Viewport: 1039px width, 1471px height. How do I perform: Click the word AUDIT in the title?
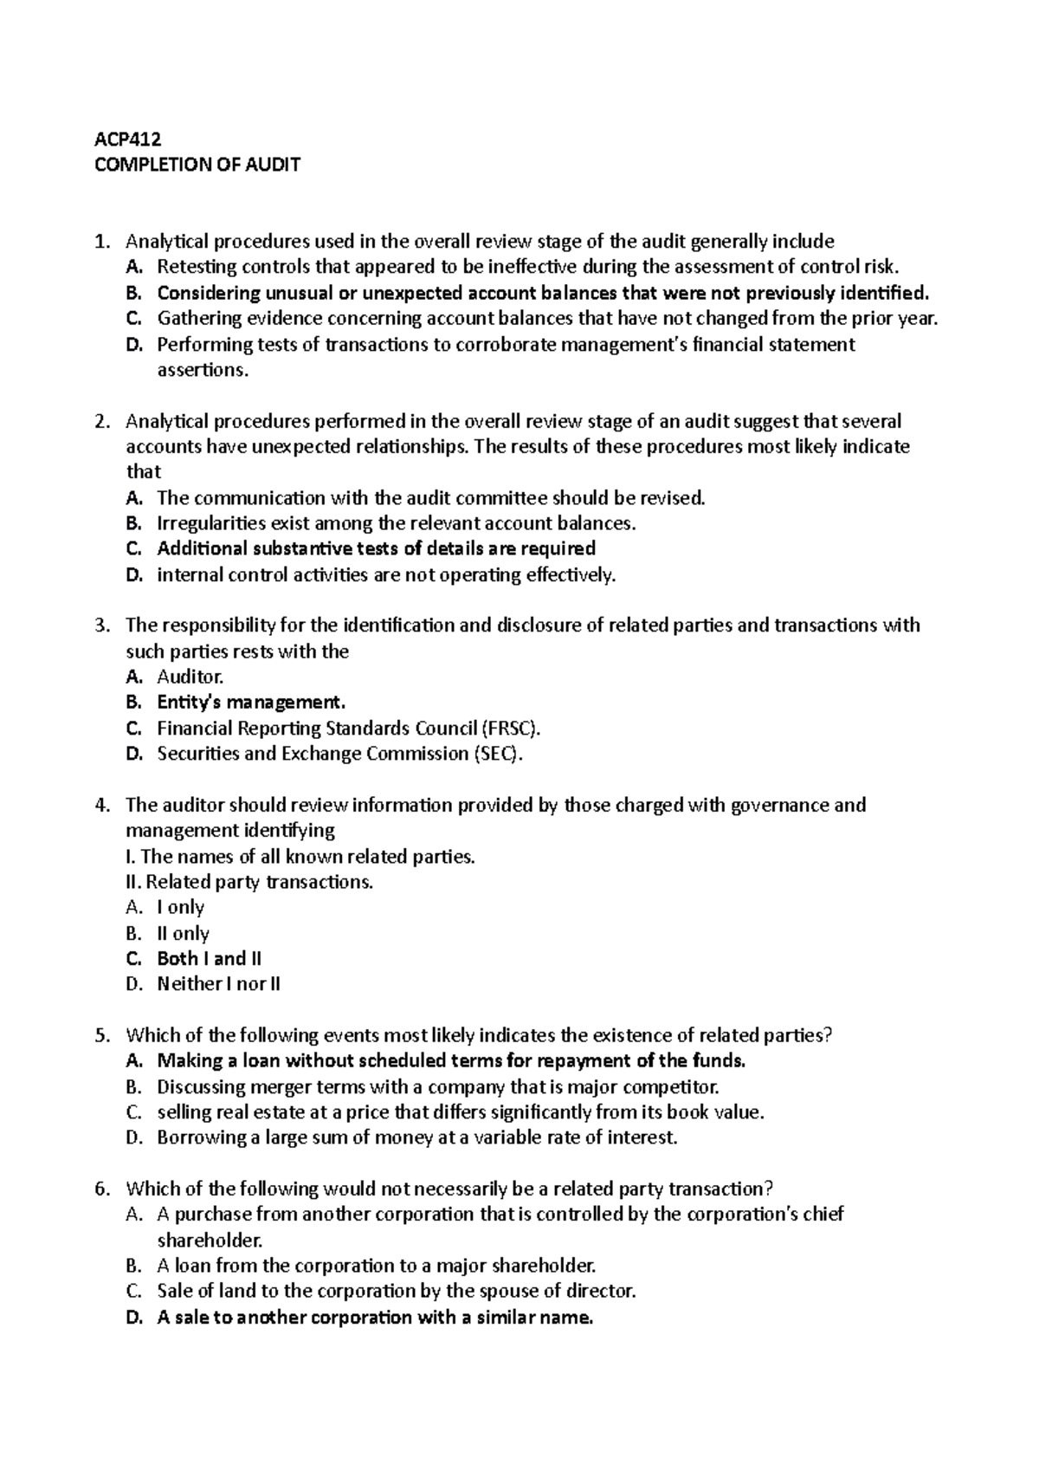pos(272,165)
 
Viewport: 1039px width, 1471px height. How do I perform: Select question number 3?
pos(102,625)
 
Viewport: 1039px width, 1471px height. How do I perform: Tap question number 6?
pos(102,1189)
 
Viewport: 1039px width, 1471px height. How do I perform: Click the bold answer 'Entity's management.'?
pos(251,703)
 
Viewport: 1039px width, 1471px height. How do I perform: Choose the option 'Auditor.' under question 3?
pos(190,677)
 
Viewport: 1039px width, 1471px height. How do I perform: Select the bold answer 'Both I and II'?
pos(209,958)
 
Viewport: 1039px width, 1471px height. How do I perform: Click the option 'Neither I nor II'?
pos(218,984)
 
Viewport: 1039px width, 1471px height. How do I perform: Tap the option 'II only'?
pos(183,933)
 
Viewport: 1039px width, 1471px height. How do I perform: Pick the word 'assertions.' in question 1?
pos(202,371)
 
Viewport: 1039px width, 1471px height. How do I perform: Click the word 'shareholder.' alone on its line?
pos(209,1240)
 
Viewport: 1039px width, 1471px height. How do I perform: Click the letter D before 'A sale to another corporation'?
pos(132,1318)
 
